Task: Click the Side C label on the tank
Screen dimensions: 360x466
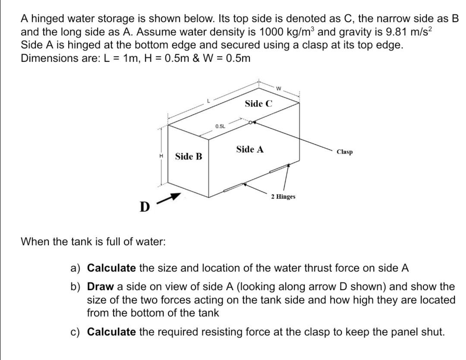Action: [x=258, y=104]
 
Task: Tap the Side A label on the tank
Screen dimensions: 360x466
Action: [x=250, y=150]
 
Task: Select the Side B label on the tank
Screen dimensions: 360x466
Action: [x=189, y=157]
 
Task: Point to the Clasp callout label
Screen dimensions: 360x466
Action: [x=344, y=152]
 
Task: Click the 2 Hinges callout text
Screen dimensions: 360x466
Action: [x=283, y=197]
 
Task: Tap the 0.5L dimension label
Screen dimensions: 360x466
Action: [x=220, y=126]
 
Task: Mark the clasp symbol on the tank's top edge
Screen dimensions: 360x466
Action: [x=252, y=123]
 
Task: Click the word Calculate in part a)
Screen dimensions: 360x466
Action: [x=111, y=268]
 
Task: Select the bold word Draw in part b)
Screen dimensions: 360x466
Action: [x=99, y=287]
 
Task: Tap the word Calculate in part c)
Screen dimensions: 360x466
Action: [x=111, y=332]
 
